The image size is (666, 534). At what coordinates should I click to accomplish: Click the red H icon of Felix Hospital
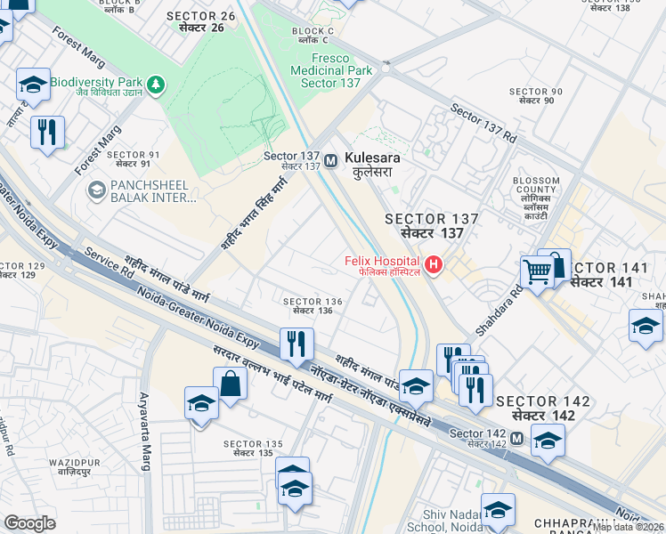click(434, 264)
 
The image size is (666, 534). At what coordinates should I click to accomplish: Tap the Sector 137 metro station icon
click(330, 161)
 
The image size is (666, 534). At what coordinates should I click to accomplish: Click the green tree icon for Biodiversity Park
click(157, 84)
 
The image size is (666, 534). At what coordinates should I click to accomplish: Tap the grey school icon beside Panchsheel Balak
click(96, 190)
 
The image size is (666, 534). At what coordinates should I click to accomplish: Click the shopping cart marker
click(537, 271)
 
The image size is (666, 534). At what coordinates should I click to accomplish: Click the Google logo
click(29, 523)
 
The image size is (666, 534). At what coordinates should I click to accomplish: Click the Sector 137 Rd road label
click(483, 125)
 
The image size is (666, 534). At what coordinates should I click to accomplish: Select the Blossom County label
click(537, 190)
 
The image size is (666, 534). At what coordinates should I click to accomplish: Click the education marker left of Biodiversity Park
click(33, 85)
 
